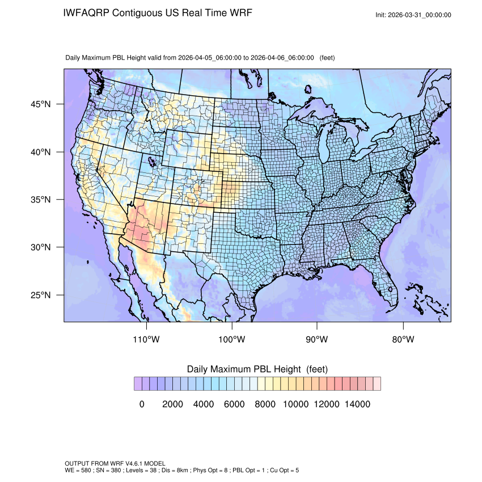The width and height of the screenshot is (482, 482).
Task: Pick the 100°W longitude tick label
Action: pyautogui.click(x=232, y=340)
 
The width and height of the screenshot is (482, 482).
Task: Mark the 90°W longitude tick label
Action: pyautogui.click(x=317, y=340)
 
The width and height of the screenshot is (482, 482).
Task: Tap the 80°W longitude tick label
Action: pyautogui.click(x=403, y=340)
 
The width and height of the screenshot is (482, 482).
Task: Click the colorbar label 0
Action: pyautogui.click(x=141, y=404)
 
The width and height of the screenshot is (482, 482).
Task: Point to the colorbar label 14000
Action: pyautogui.click(x=358, y=404)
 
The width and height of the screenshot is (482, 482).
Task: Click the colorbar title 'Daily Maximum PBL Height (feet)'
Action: pyautogui.click(x=257, y=369)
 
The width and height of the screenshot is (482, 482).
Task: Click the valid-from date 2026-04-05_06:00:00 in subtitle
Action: pyautogui.click(x=210, y=58)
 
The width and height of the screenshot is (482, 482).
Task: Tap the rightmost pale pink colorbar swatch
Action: pyautogui.click(x=377, y=383)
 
